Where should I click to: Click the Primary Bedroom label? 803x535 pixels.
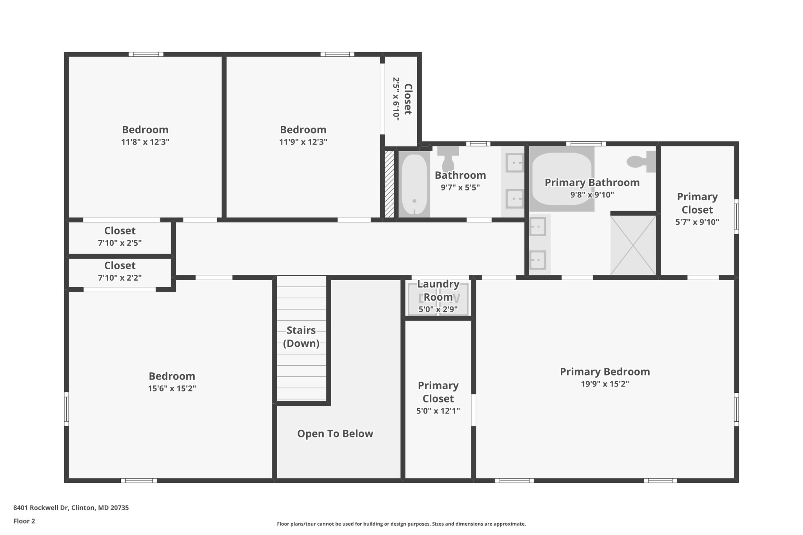pos(605,372)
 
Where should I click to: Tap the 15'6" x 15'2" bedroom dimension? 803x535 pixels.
pos(172,388)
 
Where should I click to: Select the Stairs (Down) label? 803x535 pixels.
pos(301,337)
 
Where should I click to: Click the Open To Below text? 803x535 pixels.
pos(335,433)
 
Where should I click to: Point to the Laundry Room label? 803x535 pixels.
pos(438,290)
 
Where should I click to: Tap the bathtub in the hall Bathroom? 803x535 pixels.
pos(414,184)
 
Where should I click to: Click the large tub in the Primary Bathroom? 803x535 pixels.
pos(561,179)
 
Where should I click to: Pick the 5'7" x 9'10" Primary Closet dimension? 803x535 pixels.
pos(697,222)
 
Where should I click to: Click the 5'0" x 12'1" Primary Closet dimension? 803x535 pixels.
pos(438,411)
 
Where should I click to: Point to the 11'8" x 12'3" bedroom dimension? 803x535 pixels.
pos(145,142)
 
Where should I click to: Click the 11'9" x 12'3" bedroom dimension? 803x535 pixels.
pos(303,142)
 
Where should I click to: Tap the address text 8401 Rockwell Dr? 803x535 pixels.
pos(71,508)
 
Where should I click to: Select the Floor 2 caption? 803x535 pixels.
pos(24,521)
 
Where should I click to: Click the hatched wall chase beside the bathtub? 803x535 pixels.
pos(389,184)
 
